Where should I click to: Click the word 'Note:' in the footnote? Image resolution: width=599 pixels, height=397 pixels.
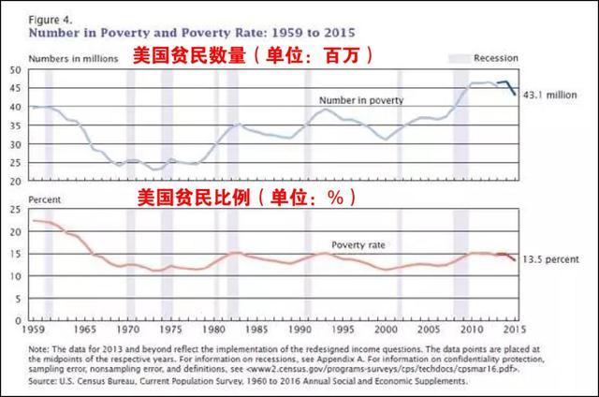click(41, 347)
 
